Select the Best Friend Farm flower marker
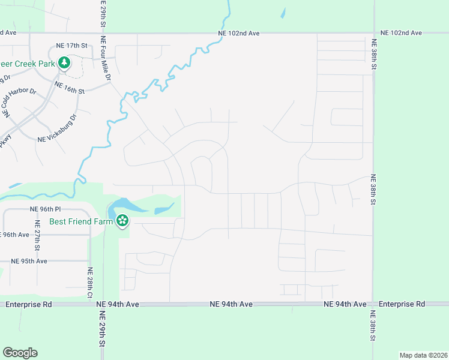(122, 221)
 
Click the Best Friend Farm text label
(82, 221)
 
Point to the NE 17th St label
(71, 46)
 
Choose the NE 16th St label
(70, 88)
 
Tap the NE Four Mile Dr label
(106, 61)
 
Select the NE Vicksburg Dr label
(58, 128)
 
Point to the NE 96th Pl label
(46, 209)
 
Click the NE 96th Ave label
(15, 235)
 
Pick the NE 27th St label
(37, 239)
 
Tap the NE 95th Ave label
(29, 261)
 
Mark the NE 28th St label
(90, 283)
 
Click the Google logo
(20, 353)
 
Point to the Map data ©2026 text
(423, 355)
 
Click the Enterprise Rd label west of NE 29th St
(28, 305)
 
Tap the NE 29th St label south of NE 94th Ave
(102, 328)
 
